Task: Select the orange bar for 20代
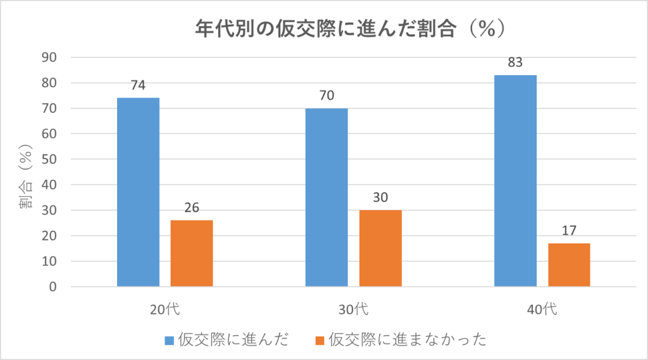192,253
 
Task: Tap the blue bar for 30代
327,197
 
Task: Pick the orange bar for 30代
380,248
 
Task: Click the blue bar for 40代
515,180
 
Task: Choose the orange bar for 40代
569,264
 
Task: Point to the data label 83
515,63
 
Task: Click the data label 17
569,231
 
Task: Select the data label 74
138,85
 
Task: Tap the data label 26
192,208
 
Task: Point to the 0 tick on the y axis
53,287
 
